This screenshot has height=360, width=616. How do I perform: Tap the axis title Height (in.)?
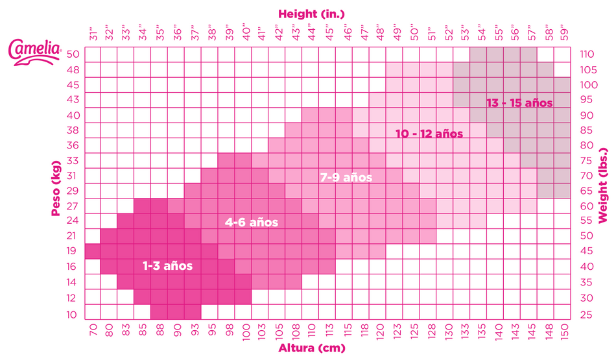311,12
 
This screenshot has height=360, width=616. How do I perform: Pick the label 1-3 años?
167,265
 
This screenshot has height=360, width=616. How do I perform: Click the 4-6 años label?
251,222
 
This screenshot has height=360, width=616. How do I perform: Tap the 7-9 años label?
346,176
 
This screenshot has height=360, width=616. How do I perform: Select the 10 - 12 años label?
429,134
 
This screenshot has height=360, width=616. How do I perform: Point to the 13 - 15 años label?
519,102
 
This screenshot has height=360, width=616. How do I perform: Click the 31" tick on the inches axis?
92,33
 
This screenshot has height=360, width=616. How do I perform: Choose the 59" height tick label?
563,33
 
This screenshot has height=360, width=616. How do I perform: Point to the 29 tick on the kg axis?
73,191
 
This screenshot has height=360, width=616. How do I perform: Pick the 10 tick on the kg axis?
73,315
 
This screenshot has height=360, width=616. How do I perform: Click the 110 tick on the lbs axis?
587,54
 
